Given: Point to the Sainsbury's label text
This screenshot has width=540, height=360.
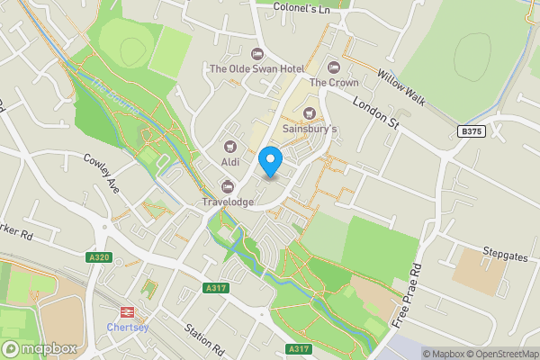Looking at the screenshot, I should [x=310, y=129].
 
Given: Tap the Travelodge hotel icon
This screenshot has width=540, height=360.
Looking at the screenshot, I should [x=228, y=187].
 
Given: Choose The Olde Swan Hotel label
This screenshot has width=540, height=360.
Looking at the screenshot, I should [x=256, y=68].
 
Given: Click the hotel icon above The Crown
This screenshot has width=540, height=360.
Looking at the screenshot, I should [x=334, y=67].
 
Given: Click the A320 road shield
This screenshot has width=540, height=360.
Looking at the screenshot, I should [x=99, y=257].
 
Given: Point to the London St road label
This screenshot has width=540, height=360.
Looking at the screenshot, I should [x=374, y=112].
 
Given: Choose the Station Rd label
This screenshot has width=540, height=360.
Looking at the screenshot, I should [x=203, y=337].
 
